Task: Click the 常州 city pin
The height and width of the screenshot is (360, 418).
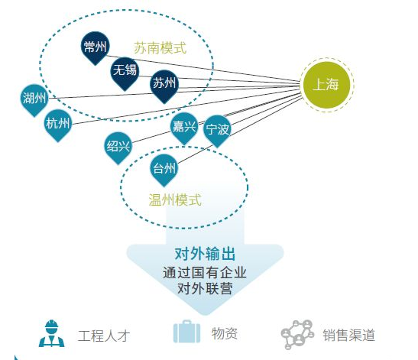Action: (x=96, y=47)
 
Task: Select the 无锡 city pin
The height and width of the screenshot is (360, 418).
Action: (x=125, y=72)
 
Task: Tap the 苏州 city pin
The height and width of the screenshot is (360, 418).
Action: (x=164, y=84)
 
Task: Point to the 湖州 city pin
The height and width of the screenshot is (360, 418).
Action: (x=34, y=99)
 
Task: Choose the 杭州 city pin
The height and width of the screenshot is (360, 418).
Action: (x=58, y=124)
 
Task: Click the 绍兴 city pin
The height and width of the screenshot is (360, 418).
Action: (x=118, y=147)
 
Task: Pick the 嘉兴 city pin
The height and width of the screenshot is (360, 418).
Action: (x=184, y=127)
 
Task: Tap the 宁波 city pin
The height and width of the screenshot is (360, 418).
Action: (x=217, y=130)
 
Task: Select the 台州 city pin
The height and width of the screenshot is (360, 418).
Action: (x=164, y=169)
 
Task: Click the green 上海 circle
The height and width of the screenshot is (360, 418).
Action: (x=326, y=85)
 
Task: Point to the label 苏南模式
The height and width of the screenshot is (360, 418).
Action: (x=160, y=48)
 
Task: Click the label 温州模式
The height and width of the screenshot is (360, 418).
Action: (x=175, y=200)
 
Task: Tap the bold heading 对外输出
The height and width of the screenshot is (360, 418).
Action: (x=205, y=254)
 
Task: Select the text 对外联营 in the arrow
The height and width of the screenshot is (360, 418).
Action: (x=205, y=288)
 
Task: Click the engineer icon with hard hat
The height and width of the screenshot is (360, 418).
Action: (x=52, y=333)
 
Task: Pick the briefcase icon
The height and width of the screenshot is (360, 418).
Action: (x=186, y=332)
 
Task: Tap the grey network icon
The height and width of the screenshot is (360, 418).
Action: (x=297, y=335)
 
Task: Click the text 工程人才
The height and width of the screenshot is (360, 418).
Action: (x=104, y=336)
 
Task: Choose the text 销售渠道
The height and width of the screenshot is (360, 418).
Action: (x=349, y=336)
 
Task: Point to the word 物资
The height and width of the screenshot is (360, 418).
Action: (x=225, y=333)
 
